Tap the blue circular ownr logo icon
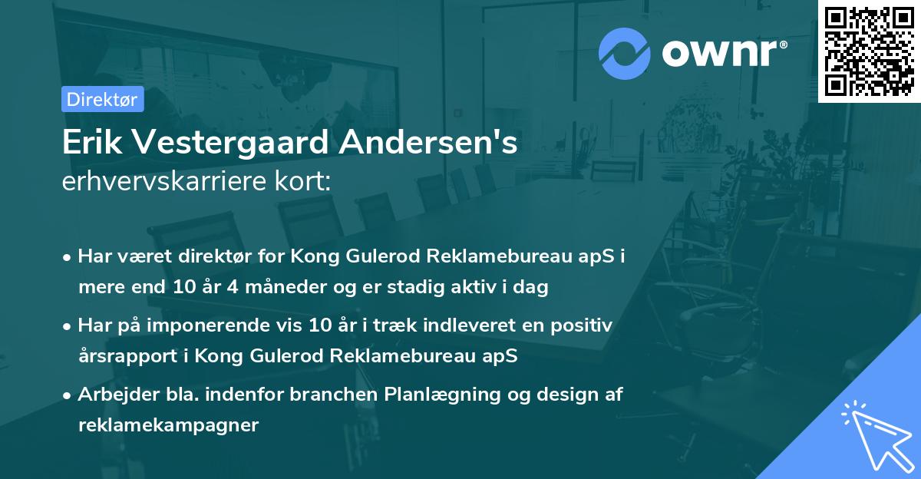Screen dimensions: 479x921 625,53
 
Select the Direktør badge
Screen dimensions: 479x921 102,99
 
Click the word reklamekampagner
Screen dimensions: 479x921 168,426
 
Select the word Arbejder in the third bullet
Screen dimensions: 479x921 112,394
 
